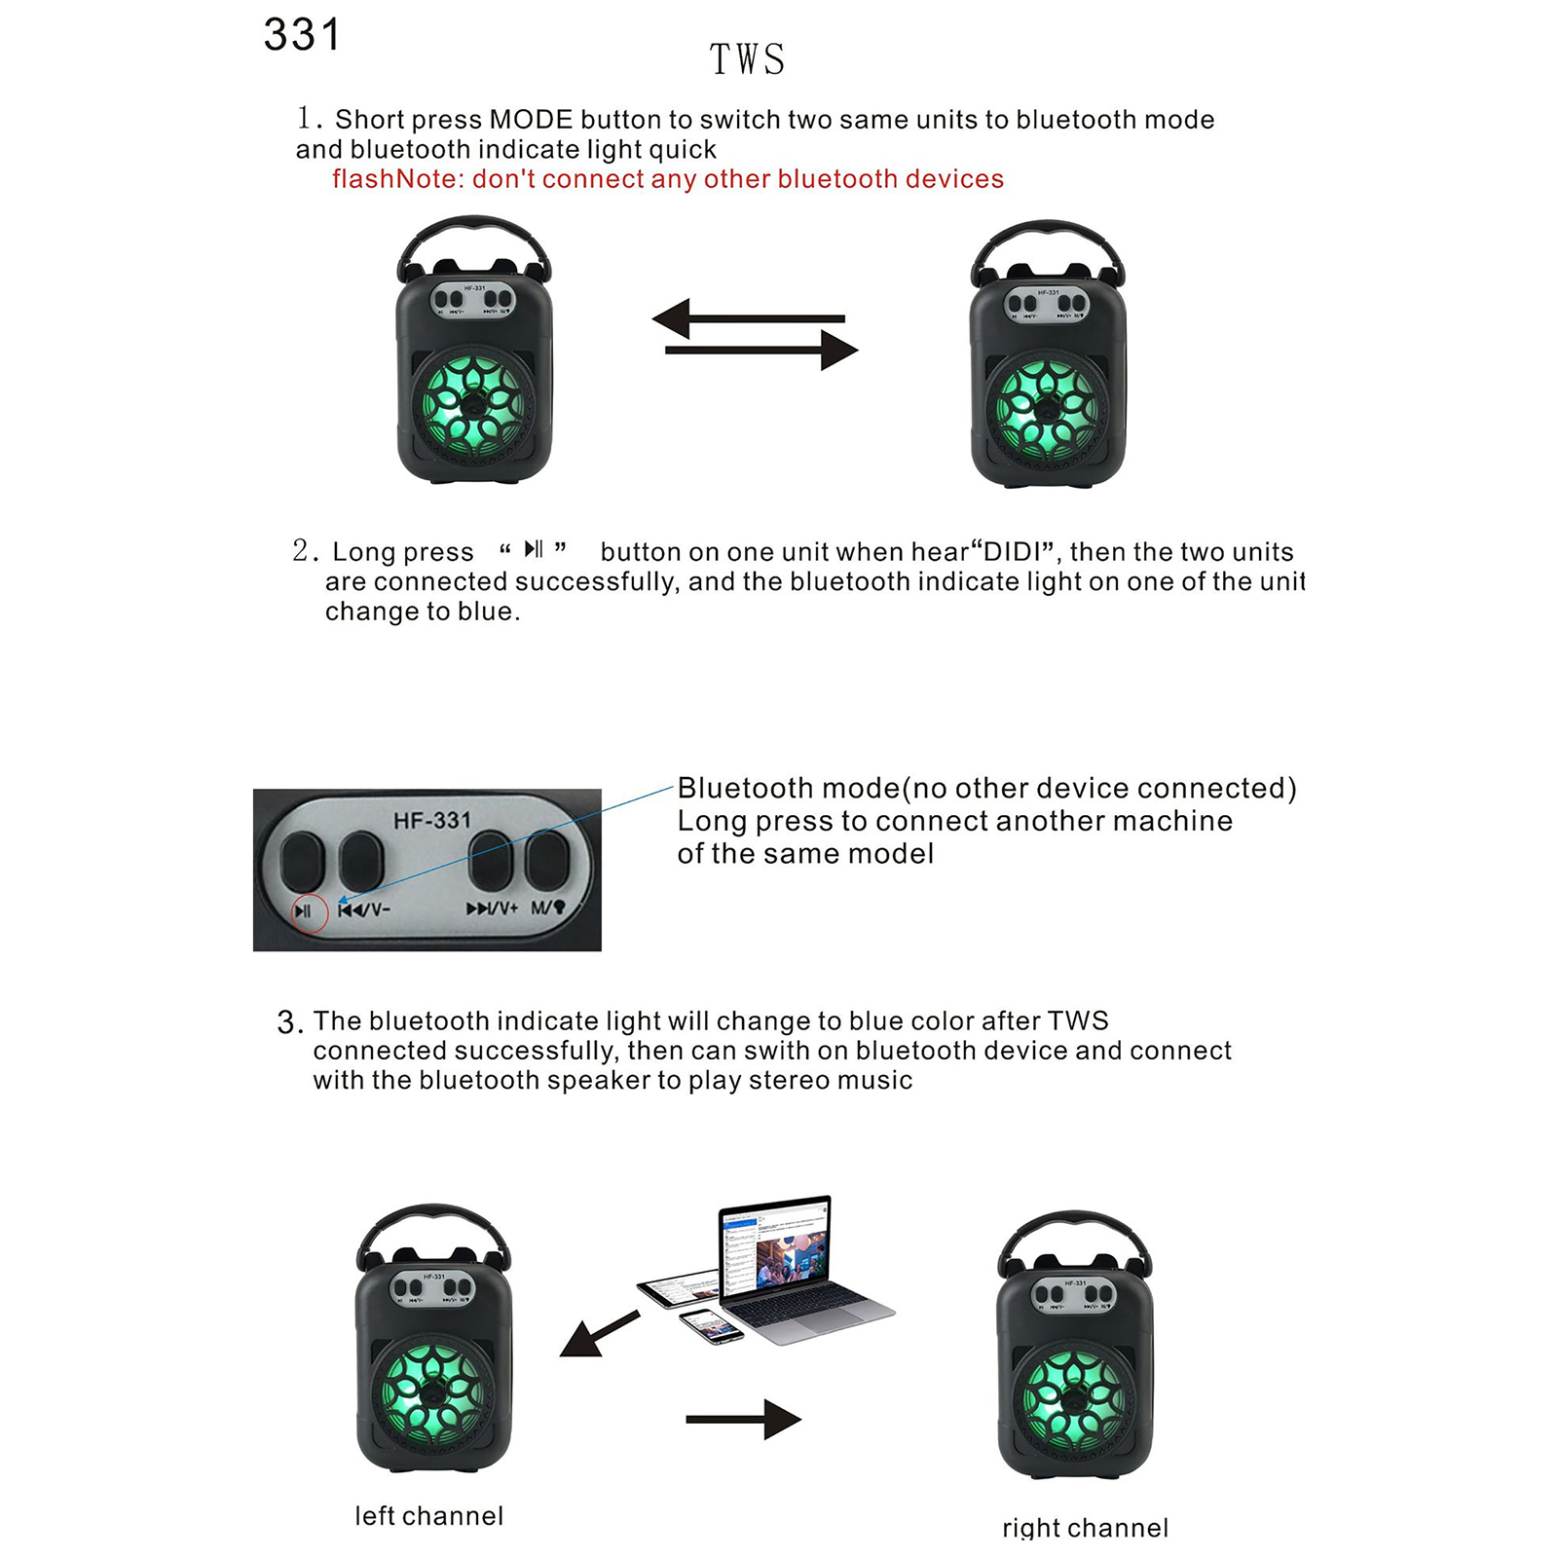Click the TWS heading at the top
click(x=747, y=60)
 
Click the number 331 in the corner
click(x=302, y=36)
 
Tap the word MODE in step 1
click(x=531, y=120)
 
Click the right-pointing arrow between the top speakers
click(x=762, y=350)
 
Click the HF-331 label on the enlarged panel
click(x=431, y=821)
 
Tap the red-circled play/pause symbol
click(x=305, y=911)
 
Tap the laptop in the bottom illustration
click(x=794, y=1266)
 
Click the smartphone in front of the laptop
click(x=710, y=1324)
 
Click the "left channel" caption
click(x=429, y=1516)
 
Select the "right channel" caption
click(x=1085, y=1528)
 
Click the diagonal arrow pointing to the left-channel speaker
click(x=598, y=1335)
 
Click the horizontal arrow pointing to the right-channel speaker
click(x=743, y=1419)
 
